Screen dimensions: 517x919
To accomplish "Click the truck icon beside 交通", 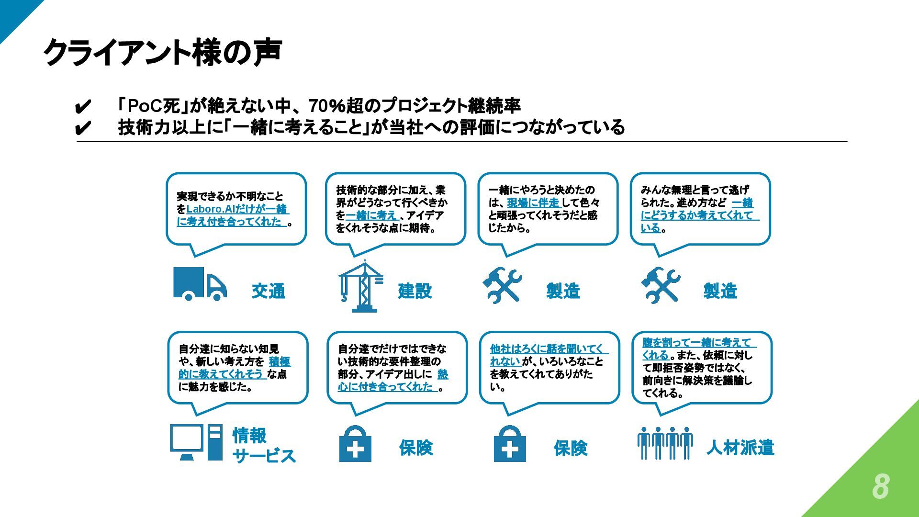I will [199, 284].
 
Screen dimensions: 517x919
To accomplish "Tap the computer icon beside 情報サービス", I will [196, 442].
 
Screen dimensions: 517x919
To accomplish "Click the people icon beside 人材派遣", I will [665, 443].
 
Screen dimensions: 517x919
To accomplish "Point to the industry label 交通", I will [268, 291].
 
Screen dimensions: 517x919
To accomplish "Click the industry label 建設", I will [415, 291].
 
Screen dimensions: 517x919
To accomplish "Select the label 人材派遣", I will [740, 448].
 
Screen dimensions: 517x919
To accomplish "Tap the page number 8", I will [880, 486].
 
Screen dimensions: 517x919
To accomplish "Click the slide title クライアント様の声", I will [162, 52].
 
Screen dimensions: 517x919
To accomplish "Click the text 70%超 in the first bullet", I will [336, 106].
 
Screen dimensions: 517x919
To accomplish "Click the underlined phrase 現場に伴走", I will [533, 202].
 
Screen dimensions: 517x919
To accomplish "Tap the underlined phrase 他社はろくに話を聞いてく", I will [546, 349].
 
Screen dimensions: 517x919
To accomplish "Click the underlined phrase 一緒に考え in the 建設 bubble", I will [371, 215].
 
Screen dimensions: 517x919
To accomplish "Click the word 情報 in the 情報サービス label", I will [249, 436].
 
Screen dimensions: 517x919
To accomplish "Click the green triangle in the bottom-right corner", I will [876, 474].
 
